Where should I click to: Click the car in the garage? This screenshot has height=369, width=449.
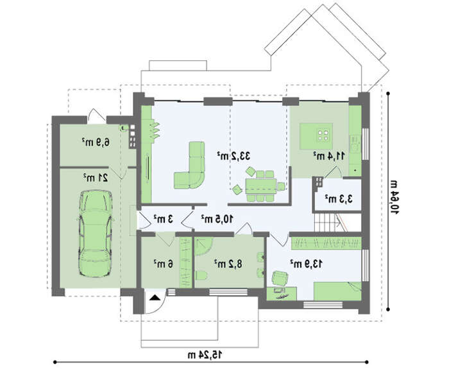(x=95, y=234)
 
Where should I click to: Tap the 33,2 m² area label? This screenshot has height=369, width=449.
(x=233, y=157)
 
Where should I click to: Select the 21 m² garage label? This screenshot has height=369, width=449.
(x=96, y=178)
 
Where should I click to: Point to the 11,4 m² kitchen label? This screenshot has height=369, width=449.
(x=328, y=156)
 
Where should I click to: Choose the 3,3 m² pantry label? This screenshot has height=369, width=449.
(x=338, y=198)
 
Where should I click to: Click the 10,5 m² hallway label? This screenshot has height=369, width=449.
(x=217, y=219)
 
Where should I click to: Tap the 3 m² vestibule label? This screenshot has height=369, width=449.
(x=163, y=219)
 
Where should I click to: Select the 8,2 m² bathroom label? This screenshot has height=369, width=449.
(x=228, y=264)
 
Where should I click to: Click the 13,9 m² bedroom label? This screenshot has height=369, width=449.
(x=306, y=264)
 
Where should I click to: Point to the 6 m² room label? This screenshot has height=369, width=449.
(x=163, y=264)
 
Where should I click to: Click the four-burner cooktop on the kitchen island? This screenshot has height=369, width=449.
(x=323, y=134)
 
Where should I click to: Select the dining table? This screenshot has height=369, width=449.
(x=261, y=186)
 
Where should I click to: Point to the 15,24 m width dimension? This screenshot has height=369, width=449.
(x=205, y=355)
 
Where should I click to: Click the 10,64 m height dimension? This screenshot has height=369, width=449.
(x=394, y=197)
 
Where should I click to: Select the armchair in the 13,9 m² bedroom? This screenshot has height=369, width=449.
(x=280, y=279)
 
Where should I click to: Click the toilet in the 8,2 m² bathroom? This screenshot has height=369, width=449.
(x=201, y=275)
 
